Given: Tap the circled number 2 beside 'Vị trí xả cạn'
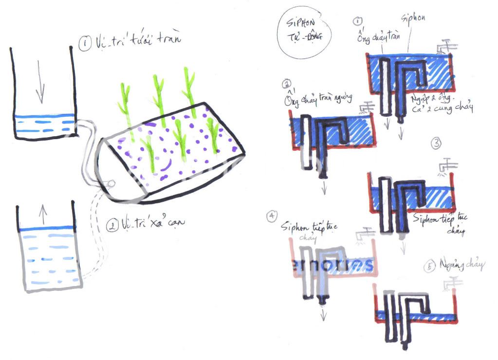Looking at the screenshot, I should [112, 226].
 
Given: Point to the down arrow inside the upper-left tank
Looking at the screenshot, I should [40, 86].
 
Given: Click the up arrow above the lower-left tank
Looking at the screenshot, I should [42, 212].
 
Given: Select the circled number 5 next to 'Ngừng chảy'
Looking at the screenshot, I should [429, 268].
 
